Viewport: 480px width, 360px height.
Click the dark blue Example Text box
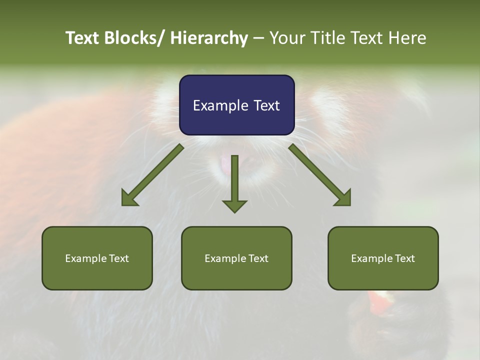236,105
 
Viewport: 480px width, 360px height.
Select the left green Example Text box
97,258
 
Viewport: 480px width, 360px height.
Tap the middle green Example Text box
236,258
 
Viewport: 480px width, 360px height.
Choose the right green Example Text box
383,258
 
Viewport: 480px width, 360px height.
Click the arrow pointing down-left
152,175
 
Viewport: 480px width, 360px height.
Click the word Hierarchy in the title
209,38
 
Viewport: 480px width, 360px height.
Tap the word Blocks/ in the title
134,38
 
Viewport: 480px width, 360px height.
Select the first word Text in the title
83,38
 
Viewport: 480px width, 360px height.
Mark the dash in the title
259,38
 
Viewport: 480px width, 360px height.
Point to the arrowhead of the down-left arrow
128,199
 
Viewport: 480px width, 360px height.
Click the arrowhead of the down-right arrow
343,199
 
